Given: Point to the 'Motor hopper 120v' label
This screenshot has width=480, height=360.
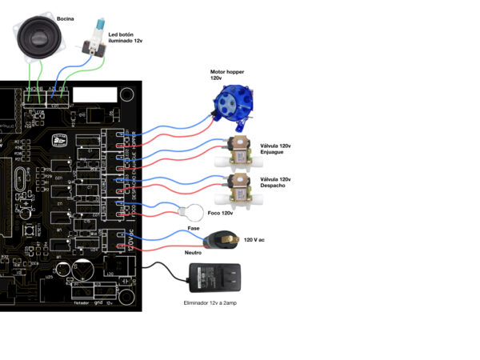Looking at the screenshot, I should tap(227, 74).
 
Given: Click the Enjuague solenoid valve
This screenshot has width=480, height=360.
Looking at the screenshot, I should tap(240, 151).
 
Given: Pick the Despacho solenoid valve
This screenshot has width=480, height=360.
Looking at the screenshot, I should tap(240, 188).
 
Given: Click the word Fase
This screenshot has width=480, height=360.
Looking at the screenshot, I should tap(194, 229).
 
